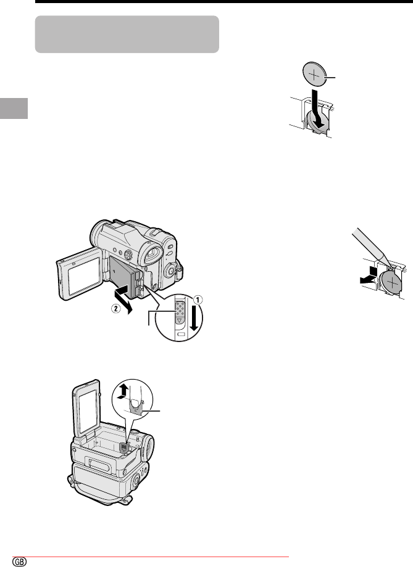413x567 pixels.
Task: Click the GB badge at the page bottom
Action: coord(20,561)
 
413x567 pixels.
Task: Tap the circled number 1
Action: coord(198,300)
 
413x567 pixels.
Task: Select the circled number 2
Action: coord(115,309)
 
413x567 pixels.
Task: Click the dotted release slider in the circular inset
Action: coord(179,311)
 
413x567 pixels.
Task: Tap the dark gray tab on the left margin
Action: coord(14,108)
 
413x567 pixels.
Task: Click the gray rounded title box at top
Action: coord(127,35)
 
